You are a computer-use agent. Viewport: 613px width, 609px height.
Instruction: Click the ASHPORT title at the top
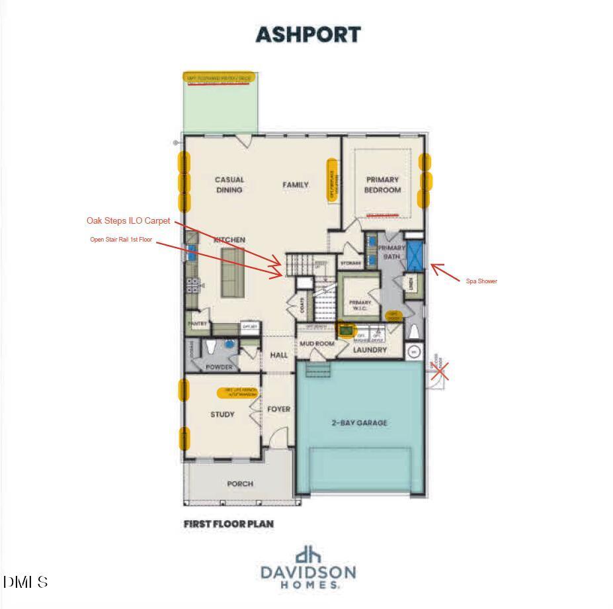(308, 34)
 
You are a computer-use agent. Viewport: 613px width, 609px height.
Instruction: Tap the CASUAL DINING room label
(229, 185)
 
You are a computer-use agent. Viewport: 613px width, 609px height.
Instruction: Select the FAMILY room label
(296, 185)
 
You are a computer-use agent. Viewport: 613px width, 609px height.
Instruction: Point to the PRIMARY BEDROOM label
(382, 185)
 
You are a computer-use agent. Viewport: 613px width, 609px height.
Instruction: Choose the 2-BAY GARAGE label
(359, 422)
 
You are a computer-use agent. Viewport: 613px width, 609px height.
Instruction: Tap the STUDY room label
(222, 414)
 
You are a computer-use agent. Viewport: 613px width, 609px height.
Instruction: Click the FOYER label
(278, 409)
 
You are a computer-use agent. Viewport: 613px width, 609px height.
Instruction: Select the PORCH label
(240, 484)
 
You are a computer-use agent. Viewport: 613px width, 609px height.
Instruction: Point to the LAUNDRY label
(370, 350)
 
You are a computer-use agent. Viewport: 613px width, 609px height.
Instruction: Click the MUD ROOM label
(317, 344)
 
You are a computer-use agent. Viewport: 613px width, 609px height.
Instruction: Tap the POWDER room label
(219, 367)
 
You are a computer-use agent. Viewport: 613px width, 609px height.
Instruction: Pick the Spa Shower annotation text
(481, 281)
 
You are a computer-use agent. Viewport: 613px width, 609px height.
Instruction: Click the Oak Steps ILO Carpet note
(128, 220)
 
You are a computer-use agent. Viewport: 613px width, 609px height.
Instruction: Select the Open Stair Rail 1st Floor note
(121, 240)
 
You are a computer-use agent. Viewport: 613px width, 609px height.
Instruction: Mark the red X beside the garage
(441, 371)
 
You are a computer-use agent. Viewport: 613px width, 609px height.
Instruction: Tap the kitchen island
(231, 272)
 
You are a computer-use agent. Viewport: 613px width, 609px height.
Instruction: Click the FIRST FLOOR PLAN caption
(228, 524)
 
